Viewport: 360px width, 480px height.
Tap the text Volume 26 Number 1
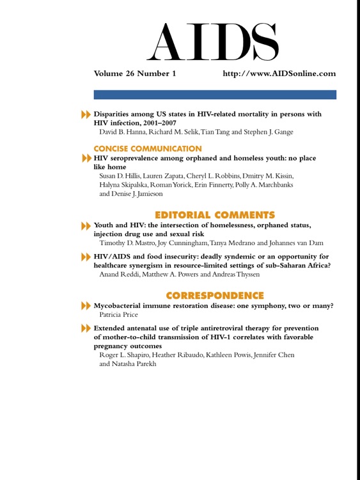[135, 74]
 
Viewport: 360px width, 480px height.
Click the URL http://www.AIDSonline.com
[279, 74]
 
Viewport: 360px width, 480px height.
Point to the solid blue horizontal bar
[215, 95]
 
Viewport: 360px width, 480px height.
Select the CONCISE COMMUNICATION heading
[148, 148]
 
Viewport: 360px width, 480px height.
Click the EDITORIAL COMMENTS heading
[215, 214]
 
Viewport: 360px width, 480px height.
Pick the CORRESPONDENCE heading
[215, 295]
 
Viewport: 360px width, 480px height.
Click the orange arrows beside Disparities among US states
[86, 115]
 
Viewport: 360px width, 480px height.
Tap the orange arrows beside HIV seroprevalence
[86, 158]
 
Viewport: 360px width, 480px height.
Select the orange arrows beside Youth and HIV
[86, 226]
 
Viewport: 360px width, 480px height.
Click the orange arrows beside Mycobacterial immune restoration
[86, 307]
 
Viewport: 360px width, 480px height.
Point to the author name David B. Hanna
[123, 132]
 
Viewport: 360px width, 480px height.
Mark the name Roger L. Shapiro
[125, 355]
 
